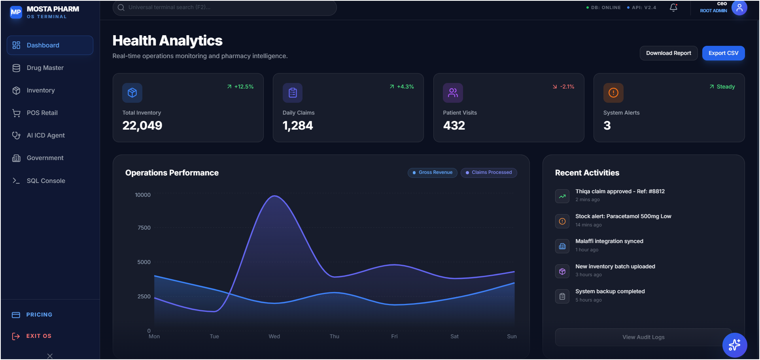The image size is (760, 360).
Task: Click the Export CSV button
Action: click(723, 53)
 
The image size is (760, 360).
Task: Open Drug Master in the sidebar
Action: click(45, 68)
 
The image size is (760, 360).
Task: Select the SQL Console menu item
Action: click(46, 181)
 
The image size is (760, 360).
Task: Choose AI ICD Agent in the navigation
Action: click(45, 136)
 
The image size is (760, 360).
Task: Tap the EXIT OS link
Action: click(38, 336)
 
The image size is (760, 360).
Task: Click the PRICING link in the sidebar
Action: click(39, 315)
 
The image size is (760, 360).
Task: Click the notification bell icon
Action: click(673, 8)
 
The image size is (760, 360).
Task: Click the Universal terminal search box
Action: click(224, 8)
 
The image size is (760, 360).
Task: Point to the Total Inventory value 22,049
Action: click(142, 126)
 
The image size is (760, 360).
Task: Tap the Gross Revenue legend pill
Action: click(433, 173)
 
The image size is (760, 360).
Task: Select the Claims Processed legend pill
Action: click(489, 173)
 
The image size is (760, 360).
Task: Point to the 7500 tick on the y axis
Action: click(144, 228)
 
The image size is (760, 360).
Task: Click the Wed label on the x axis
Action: click(274, 336)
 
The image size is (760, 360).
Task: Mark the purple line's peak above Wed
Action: click(274, 196)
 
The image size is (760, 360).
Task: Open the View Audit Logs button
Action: click(643, 337)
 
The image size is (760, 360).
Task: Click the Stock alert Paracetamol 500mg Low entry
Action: click(623, 217)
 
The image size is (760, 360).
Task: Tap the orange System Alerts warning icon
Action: click(613, 93)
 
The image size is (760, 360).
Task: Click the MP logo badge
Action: click(16, 12)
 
